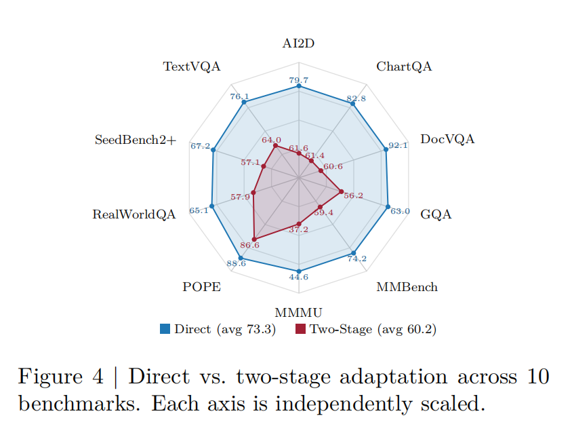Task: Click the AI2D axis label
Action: [x=299, y=44]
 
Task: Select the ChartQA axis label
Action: [x=404, y=66]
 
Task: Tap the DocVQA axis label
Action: [x=447, y=140]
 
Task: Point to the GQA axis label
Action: [x=436, y=214]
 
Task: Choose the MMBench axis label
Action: [x=407, y=287]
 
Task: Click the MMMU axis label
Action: [x=299, y=313]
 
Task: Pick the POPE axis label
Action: [x=201, y=287]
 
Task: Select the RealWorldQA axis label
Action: [x=134, y=214]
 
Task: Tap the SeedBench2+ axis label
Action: [x=136, y=140]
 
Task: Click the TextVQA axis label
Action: [x=192, y=66]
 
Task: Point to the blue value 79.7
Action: [x=299, y=80]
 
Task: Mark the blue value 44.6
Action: [x=299, y=277]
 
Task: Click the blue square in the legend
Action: [x=165, y=330]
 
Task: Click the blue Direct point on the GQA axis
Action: [x=388, y=206]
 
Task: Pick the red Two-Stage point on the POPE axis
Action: [x=254, y=239]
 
